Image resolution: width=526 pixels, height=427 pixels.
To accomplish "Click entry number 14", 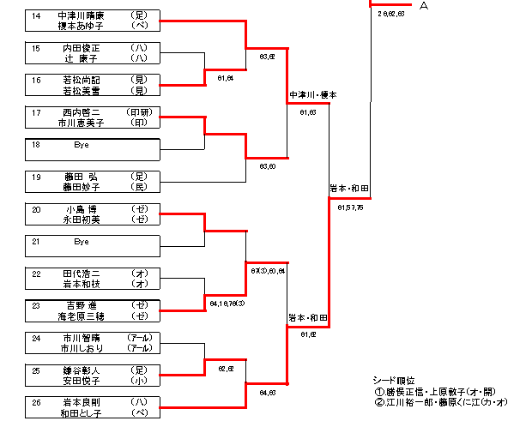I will (35, 15).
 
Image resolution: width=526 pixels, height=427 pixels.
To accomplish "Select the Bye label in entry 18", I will (82, 145).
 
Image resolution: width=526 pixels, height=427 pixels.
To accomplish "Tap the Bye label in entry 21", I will (82, 242).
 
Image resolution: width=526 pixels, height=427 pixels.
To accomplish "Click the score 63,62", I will (266, 57).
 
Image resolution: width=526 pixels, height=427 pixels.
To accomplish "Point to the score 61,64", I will (226, 78).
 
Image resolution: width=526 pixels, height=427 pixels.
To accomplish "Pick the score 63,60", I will (266, 166).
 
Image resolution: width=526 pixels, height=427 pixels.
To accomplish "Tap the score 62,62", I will (226, 369).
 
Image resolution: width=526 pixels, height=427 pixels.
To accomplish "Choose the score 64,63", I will (266, 393).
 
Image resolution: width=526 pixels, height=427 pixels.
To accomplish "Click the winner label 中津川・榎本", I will (308, 94).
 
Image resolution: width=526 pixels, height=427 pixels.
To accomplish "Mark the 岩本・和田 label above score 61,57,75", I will (349, 188).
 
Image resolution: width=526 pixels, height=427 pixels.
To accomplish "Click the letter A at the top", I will (424, 6).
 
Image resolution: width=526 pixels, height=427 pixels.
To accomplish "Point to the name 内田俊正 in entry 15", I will (82, 48).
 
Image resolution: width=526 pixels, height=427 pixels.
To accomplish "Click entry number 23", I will (35, 305).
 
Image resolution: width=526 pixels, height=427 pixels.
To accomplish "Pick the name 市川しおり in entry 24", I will (82, 347).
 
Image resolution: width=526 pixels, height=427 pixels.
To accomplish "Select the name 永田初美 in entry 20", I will (82, 219).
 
